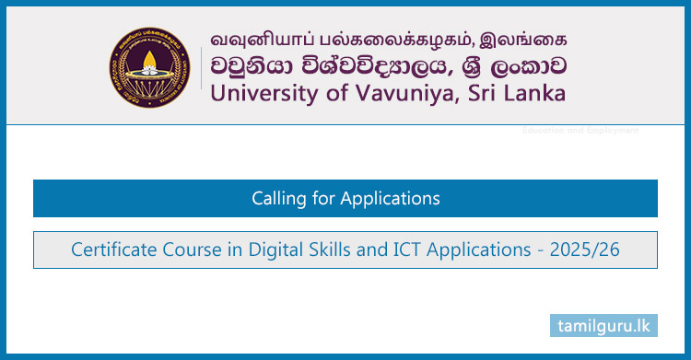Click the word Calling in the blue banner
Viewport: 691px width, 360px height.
click(277, 198)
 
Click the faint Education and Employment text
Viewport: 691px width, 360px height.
click(580, 131)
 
